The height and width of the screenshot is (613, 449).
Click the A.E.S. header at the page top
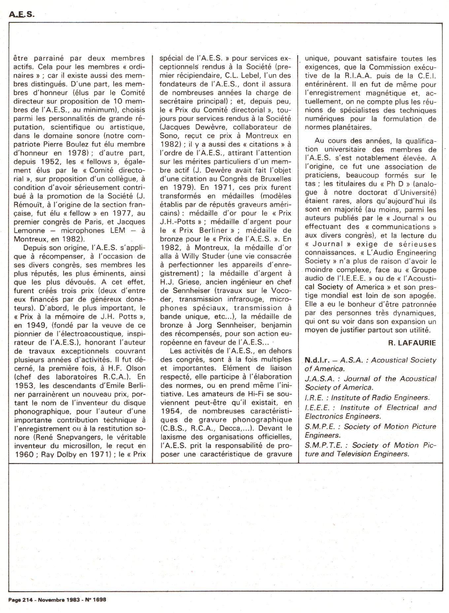tap(22, 15)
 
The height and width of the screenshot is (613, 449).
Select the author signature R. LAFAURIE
tap(412, 343)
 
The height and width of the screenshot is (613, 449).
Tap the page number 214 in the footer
tap(27, 600)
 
